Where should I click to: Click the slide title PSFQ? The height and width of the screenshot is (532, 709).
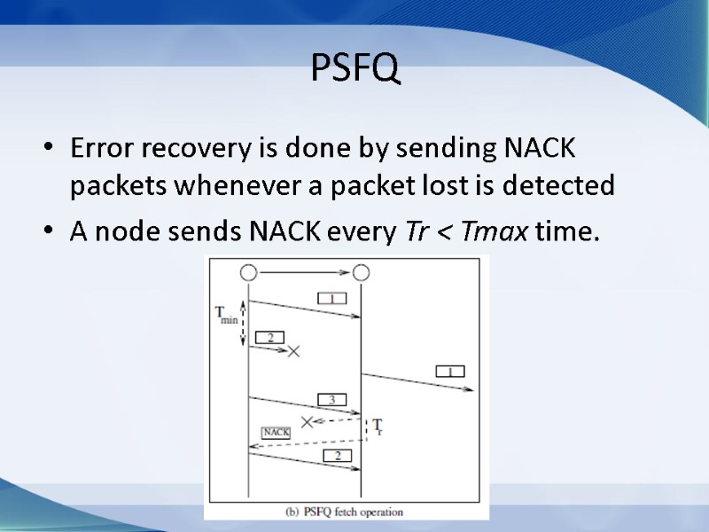click(354, 68)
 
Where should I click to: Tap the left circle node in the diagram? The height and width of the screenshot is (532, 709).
click(248, 271)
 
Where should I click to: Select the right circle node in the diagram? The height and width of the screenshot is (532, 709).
click(361, 271)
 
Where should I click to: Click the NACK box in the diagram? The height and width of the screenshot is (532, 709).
click(276, 432)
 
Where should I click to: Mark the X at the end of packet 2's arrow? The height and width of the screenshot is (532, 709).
click(294, 351)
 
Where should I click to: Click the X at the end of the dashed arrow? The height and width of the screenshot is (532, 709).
click(308, 421)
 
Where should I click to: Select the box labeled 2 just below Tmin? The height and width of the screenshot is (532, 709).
click(269, 337)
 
